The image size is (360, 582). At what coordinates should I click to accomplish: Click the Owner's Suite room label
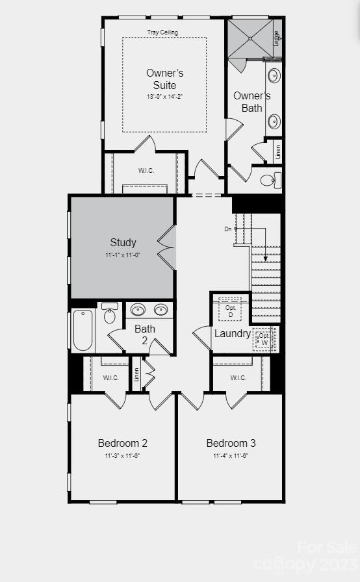pos(161,79)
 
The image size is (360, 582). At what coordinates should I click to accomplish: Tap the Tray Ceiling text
pos(162,32)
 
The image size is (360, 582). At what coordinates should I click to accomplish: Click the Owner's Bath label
pos(251,101)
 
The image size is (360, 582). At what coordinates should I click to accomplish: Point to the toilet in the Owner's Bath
pos(268,180)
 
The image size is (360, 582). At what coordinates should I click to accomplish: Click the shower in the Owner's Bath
pos(250,38)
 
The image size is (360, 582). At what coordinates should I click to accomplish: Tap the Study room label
pos(123,242)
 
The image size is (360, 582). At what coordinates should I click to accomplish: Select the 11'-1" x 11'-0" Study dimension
pos(123,255)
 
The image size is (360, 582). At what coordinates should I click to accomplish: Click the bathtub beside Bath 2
pos(83,330)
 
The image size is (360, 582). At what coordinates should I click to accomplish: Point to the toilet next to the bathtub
pos(109,316)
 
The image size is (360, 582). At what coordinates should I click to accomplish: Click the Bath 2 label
pos(145,335)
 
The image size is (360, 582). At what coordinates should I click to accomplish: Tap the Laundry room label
pos(232,333)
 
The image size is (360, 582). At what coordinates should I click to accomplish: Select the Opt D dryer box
pos(230,310)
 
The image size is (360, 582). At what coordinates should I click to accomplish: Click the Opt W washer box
pos(264,339)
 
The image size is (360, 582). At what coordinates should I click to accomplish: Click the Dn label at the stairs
pos(228,229)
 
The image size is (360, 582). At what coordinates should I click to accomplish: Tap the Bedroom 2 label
pos(122,443)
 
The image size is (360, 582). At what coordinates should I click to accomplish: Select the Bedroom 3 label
pos(231,443)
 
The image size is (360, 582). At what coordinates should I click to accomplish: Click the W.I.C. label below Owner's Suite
pos(146,171)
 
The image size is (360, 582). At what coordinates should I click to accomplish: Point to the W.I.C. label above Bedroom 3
pos(238,377)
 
